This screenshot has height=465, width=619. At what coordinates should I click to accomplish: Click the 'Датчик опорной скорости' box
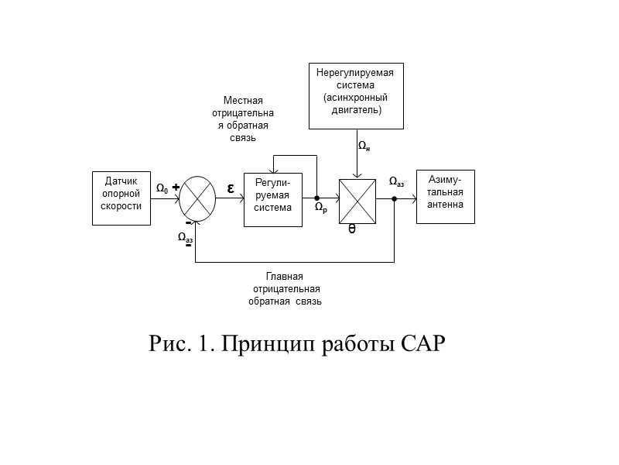121,198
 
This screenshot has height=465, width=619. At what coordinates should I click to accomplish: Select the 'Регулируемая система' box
272,198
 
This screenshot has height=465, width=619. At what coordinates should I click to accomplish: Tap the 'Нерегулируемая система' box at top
356,95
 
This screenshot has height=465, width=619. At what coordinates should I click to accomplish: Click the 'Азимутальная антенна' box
445,196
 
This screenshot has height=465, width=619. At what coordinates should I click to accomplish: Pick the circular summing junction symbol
197,198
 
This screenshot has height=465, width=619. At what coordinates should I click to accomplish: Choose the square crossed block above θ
357,198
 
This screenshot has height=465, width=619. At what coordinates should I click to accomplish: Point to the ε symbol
231,188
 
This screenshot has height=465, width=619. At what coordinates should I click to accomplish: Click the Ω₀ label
162,188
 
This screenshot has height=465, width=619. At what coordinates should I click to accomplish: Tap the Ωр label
320,208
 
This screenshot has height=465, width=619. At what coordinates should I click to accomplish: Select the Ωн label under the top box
363,146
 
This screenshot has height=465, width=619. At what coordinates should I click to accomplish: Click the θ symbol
352,229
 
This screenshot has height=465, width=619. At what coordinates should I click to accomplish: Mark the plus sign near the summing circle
176,187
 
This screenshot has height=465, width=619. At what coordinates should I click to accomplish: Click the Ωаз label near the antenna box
395,183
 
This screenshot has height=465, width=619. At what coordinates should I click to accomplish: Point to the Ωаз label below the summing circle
186,238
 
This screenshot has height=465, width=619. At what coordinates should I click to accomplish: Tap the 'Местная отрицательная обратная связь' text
243,119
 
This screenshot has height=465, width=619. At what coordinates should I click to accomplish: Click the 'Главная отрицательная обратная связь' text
284,289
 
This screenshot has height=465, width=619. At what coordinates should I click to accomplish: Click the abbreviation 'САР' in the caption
423,343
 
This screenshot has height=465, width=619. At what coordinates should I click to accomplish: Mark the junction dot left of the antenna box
395,198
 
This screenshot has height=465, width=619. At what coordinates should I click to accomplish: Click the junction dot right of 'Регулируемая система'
316,198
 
